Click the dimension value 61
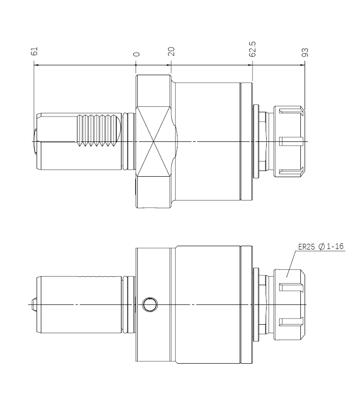pos(34,51)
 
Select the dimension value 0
pos(137,54)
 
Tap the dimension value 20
pos(171,52)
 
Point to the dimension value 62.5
pos(253,49)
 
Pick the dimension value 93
pos(305,52)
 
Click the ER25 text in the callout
pos(306,247)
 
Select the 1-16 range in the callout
pos(335,246)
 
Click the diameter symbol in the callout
pos(322,247)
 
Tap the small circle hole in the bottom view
pos(150,304)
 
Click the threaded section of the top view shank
pos(96,131)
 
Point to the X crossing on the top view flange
pos(153,141)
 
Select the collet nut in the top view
pos(290,141)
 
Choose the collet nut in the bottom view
pos(290,304)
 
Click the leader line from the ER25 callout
pos(291,264)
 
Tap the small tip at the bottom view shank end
pos(34,304)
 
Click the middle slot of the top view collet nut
pos(291,141)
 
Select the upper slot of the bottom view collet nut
pos(291,288)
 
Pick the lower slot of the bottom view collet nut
pos(291,322)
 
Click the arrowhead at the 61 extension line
pos(36,65)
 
